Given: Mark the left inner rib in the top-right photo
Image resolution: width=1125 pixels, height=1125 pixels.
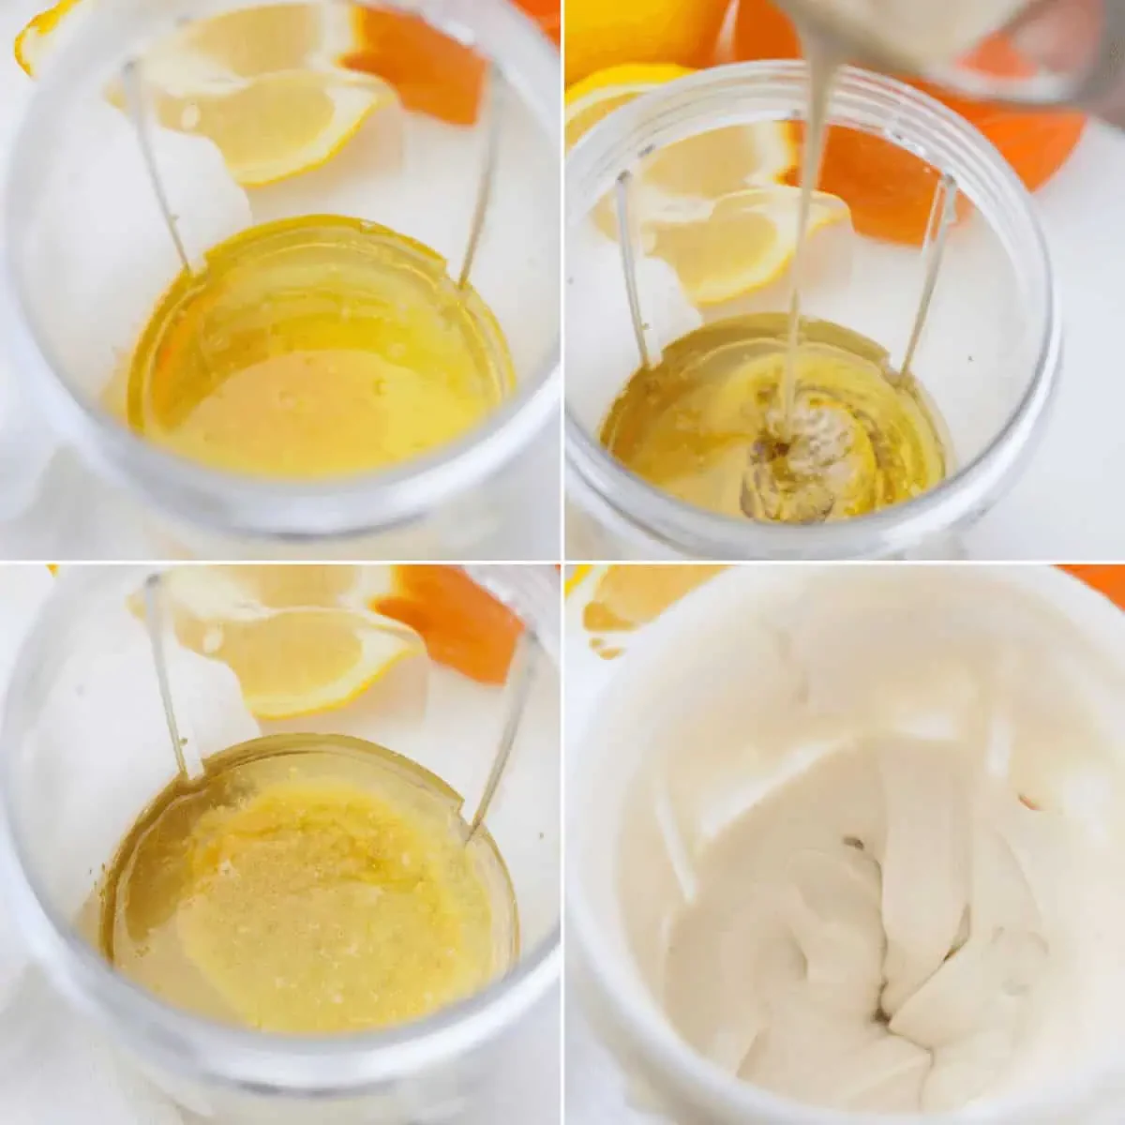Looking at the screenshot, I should click(x=633, y=272).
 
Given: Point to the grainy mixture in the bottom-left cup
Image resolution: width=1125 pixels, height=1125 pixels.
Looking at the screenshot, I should click(x=309, y=900).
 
